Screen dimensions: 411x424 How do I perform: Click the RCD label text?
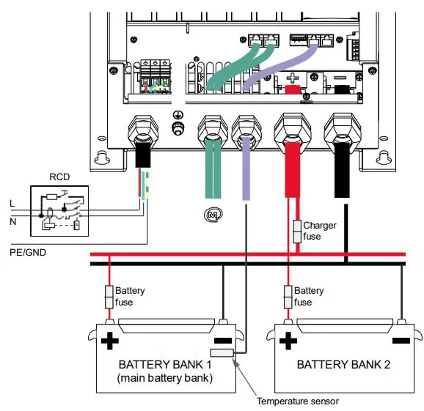[x=59, y=177]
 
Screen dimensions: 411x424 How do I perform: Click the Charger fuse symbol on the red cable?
[x=296, y=232]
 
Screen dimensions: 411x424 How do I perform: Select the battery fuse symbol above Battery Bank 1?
[x=109, y=297]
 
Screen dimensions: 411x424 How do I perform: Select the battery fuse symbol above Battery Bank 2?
[x=288, y=297]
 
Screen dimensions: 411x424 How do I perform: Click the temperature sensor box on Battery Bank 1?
[x=221, y=354]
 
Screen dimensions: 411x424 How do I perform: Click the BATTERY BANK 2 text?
[x=343, y=364]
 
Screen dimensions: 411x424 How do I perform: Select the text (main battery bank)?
[x=164, y=378]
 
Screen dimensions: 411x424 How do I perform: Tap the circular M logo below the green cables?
[x=213, y=214]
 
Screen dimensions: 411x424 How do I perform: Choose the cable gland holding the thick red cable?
[x=291, y=130]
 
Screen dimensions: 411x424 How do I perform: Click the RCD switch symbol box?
[x=59, y=210]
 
